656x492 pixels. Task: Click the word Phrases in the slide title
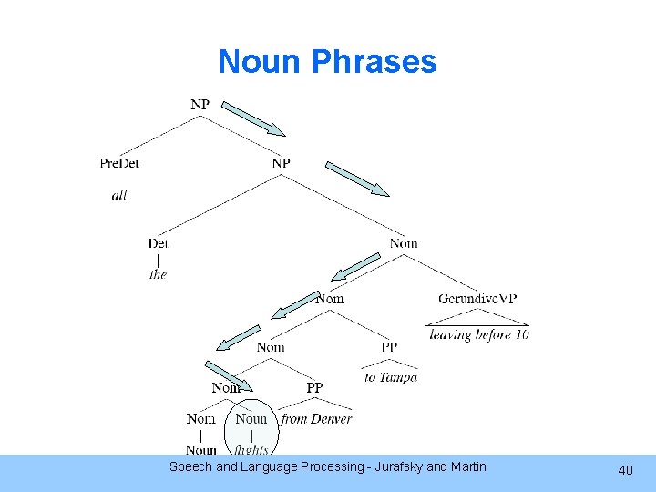coord(374,62)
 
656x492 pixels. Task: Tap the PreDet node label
coord(119,163)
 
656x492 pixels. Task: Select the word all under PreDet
coord(119,195)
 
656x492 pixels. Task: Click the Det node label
coord(159,243)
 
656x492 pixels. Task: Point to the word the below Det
coord(159,274)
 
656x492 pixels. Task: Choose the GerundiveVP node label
coord(477,299)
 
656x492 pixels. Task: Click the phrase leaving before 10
coord(479,334)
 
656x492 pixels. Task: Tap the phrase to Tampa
coord(391,377)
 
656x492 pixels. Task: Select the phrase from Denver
coord(316,419)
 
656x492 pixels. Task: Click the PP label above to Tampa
coord(389,347)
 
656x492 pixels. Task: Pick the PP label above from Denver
coord(314,388)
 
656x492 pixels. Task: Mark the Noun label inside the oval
coord(251,419)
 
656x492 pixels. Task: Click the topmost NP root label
coord(200,105)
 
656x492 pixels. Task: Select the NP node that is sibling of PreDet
coord(281,163)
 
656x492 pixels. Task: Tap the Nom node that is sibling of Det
coord(404,243)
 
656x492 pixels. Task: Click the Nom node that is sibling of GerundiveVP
coord(330,299)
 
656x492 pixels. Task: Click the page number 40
coord(625,470)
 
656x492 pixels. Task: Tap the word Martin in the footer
coord(466,467)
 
